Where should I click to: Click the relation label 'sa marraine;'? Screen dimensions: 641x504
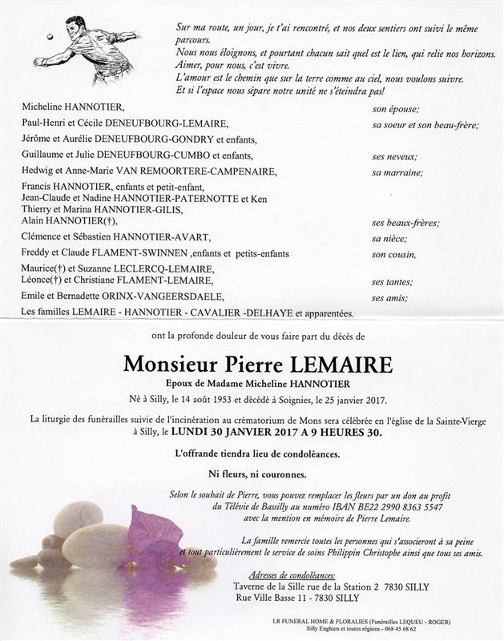click(x=397, y=171)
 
